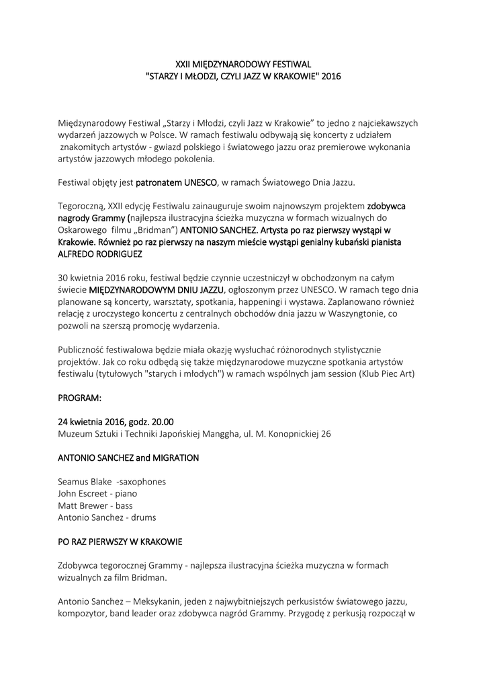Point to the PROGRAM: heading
(x=80, y=398)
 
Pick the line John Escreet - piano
(x=97, y=493)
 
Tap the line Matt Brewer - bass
(x=95, y=505)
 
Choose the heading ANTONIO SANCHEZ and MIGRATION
(x=128, y=458)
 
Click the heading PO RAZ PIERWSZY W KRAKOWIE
(x=120, y=541)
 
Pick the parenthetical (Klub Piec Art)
(x=384, y=374)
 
